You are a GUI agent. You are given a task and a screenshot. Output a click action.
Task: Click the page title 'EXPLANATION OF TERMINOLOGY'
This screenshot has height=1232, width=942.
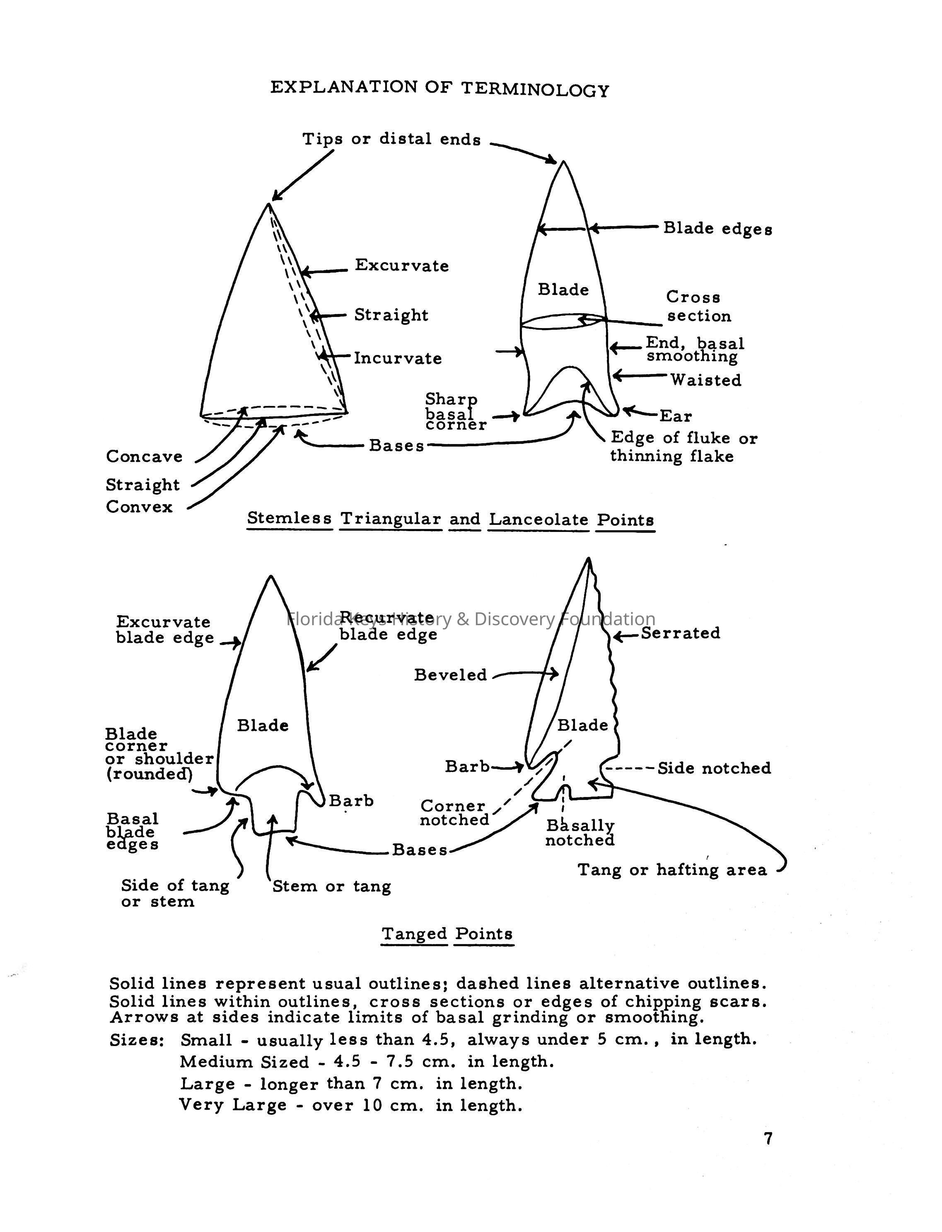439,89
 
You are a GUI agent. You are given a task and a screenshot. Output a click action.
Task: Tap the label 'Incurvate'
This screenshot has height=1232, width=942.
398,358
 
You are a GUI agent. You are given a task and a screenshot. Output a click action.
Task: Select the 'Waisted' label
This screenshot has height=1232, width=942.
706,380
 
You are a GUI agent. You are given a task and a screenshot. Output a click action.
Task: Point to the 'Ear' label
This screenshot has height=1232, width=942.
676,416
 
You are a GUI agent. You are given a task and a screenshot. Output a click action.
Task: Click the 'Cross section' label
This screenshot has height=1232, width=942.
698,307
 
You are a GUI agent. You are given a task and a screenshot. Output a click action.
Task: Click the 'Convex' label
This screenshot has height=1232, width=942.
139,507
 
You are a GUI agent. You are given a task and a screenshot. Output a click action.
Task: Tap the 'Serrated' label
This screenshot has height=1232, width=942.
680,633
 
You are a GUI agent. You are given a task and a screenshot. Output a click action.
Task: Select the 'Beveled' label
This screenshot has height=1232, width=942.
450,675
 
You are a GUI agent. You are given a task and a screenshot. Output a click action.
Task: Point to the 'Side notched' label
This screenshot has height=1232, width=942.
714,768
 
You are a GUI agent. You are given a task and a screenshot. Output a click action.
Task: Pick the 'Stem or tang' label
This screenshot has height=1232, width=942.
331,887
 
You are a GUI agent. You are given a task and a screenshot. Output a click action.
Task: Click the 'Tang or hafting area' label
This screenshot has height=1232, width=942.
672,870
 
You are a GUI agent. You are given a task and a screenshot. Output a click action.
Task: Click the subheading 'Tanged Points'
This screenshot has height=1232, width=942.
447,934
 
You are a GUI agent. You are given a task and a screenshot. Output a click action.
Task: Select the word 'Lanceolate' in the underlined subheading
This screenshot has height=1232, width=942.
538,519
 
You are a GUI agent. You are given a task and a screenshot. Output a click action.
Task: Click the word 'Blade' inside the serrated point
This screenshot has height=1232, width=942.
582,726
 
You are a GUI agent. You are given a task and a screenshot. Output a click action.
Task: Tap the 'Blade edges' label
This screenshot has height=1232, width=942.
717,228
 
